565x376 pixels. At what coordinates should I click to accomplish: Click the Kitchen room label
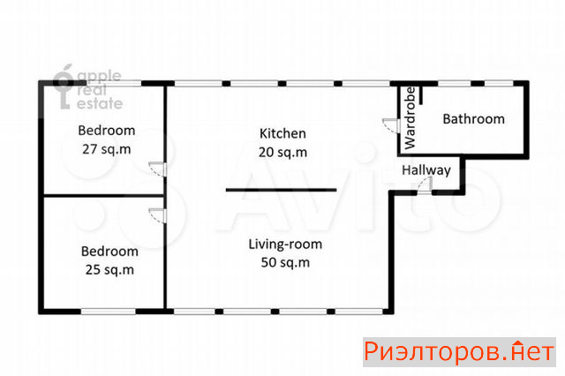pos(282,133)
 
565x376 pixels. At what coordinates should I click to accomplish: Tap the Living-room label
pos(285,244)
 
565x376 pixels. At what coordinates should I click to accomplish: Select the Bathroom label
pos(473,119)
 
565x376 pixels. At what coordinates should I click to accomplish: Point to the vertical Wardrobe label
pos(410,117)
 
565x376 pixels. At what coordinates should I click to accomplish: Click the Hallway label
pos(426,170)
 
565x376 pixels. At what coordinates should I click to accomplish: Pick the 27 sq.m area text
pos(107,149)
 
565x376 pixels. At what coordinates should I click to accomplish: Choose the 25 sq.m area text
pos(109,270)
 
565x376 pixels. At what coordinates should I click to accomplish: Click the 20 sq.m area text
pos(282,152)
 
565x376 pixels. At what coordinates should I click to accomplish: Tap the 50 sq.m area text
pos(285,262)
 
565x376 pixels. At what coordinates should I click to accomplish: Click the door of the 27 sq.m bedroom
pos(158,169)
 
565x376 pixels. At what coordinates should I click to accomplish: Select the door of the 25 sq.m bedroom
pos(158,215)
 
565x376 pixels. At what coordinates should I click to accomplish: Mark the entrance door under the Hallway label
pos(425,186)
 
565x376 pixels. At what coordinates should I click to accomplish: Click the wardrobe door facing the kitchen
pos(391,125)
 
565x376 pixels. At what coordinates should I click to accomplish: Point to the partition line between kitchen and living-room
pos(282,190)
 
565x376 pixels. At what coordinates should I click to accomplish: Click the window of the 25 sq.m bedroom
pos(108,312)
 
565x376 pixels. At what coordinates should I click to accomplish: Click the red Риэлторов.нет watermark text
pos(459,352)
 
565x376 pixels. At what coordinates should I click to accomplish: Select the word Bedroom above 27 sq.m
pos(107,131)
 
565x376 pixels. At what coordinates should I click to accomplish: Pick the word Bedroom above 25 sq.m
pos(109,252)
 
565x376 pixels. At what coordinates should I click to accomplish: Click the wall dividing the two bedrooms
pos(104,196)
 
